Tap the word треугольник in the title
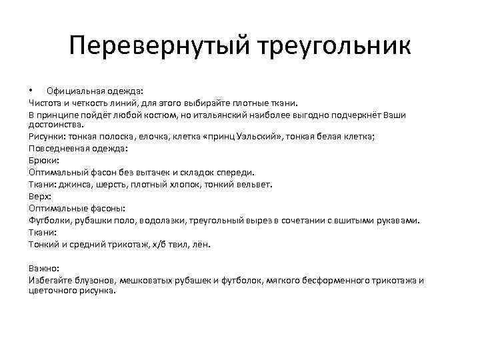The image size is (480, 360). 330,47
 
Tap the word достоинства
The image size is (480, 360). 56,124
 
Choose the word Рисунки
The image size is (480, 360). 46,136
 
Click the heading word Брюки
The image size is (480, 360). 43,160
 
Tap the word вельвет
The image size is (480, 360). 251,184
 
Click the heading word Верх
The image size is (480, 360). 39,196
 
